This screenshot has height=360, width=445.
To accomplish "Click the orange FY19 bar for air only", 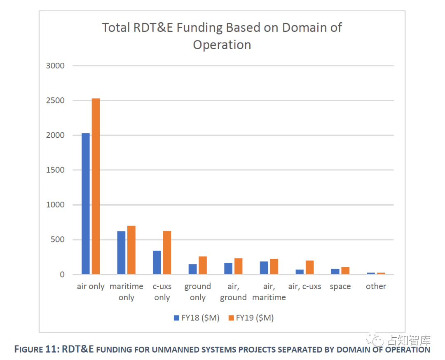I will coord(96,186).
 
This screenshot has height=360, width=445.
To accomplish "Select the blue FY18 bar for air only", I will coord(86,204).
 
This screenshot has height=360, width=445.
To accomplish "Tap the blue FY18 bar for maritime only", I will coord(121,253).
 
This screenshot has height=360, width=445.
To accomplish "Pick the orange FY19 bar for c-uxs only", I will coord(167,253).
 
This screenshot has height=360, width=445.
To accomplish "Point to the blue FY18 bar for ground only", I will coord(192,269).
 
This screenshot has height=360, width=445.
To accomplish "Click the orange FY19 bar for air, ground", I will coord(238,266).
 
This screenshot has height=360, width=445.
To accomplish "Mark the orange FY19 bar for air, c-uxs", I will coord(309,268).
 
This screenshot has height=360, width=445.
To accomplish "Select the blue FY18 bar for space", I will coord(335,272).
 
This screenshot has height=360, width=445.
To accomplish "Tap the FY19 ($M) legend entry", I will coord(251,318).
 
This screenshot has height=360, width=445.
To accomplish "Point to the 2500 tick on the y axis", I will coord(56,101).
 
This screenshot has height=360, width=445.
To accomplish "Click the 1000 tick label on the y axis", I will coord(56,205).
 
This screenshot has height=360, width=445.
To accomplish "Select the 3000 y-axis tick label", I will coord(56,66).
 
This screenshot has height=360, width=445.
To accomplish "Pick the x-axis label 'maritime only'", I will coord(126,292).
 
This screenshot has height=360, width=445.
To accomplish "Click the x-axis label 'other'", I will coord(376,287).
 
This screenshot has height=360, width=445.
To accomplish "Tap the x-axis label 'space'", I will coord(340,287).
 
